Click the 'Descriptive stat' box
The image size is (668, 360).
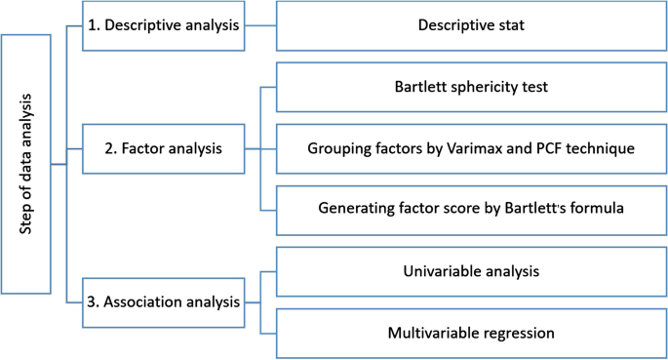tap(470, 25)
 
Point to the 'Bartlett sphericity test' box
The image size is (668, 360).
tap(470, 87)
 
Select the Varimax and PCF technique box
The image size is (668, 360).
tap(470, 148)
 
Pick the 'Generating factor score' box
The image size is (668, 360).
tap(470, 208)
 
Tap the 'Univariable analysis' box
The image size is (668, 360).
tap(470, 272)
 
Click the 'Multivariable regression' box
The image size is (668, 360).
tap(470, 333)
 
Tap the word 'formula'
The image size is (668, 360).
tap(595, 208)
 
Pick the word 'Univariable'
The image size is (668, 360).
tap(441, 272)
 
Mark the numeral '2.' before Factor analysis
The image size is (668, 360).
tap(111, 149)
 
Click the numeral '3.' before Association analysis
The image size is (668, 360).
tap(91, 301)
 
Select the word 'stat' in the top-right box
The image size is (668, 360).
tap(511, 25)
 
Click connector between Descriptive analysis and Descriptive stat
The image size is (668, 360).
tap(260, 25)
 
